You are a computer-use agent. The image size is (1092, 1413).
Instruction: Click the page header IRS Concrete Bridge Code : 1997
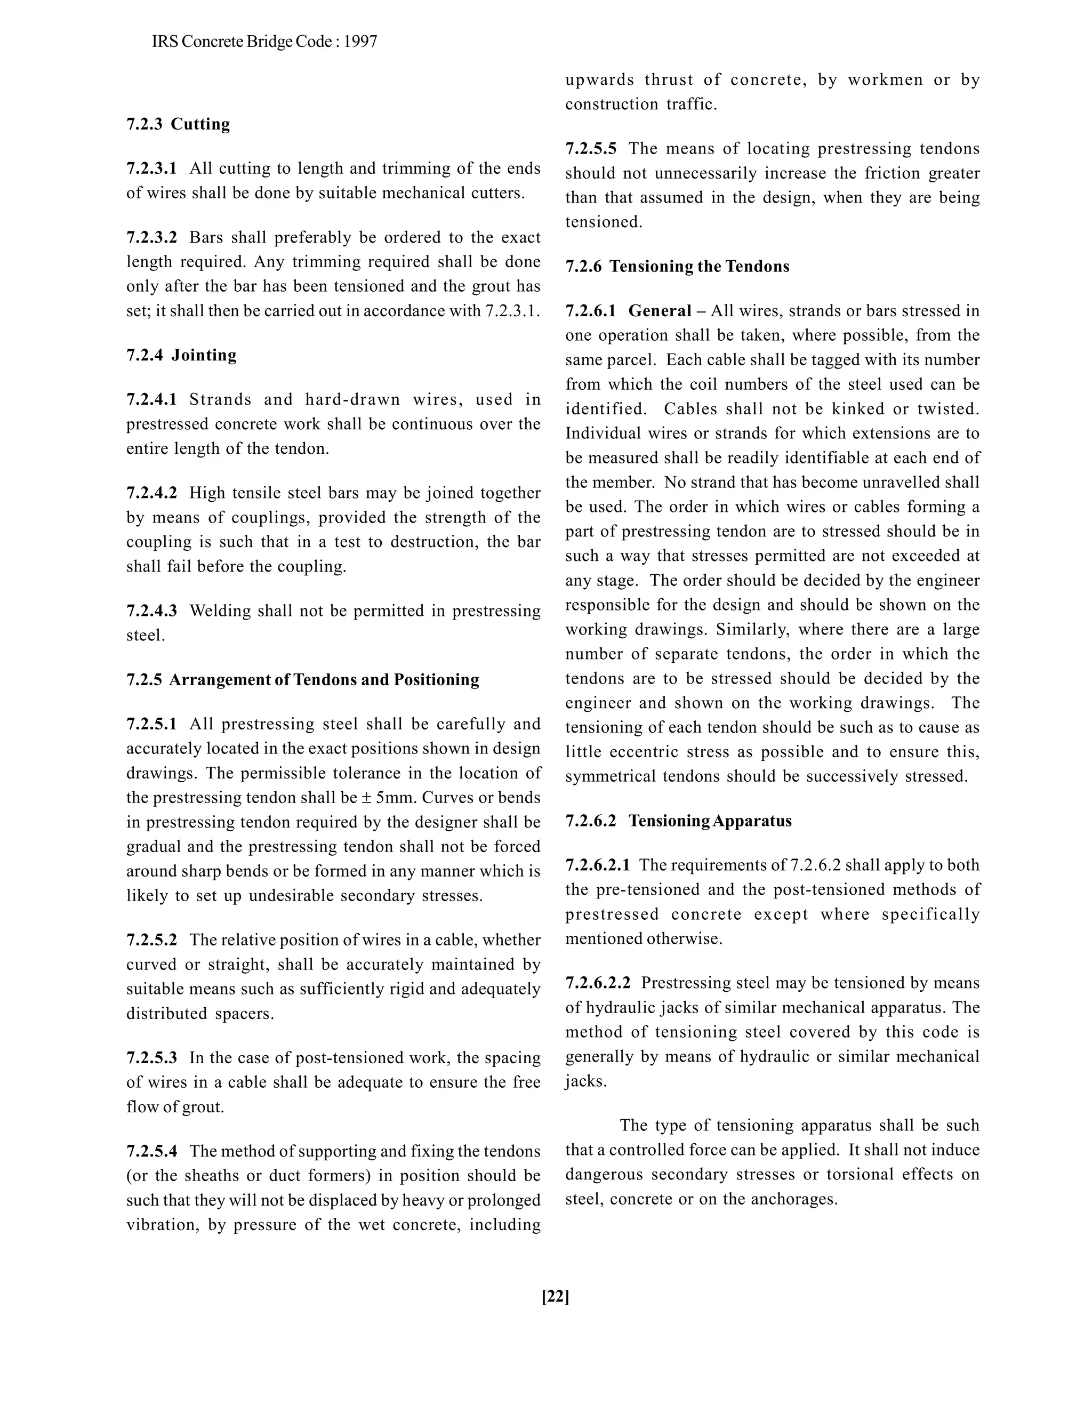coord(264,42)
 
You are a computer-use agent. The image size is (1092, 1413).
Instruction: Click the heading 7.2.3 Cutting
coord(178,124)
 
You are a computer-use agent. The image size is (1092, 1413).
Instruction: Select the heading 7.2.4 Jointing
coord(181,355)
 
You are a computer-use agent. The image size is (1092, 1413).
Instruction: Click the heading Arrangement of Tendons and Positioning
coord(324,680)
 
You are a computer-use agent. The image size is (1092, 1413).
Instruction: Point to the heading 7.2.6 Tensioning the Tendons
coord(677,267)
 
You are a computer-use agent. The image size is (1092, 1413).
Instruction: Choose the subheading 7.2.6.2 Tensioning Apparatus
coord(678,821)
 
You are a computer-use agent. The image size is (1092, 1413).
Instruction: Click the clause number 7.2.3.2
coord(151,237)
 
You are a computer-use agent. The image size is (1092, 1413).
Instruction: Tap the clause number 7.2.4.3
coord(151,611)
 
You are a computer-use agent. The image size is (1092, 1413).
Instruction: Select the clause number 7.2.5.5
coord(591,149)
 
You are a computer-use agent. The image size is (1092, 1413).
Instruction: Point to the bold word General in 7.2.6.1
coord(660,311)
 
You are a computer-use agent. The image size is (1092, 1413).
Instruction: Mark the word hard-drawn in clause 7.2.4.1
coord(352,400)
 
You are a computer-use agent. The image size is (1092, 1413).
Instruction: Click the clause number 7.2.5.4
coord(151,1151)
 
